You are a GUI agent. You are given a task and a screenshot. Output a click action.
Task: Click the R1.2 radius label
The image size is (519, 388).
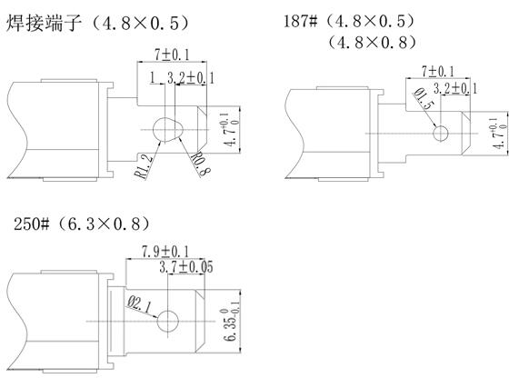click(145, 167)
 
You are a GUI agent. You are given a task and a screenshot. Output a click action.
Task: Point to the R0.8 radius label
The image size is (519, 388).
click(201, 164)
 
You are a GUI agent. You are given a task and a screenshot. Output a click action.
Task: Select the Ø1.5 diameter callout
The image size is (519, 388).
click(424, 98)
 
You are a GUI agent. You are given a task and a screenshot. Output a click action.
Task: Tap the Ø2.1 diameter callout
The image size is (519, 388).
click(139, 304)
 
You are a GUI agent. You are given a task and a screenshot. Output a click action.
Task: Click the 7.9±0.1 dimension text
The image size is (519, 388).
click(165, 252)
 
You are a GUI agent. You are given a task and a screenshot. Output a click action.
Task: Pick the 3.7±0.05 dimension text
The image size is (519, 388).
click(186, 267)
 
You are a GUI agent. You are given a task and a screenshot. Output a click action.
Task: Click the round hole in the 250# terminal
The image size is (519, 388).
click(168, 321)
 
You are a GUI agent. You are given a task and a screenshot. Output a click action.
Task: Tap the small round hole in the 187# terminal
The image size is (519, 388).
click(441, 134)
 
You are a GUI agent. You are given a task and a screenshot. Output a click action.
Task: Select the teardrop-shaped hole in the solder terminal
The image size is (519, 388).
click(168, 129)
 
